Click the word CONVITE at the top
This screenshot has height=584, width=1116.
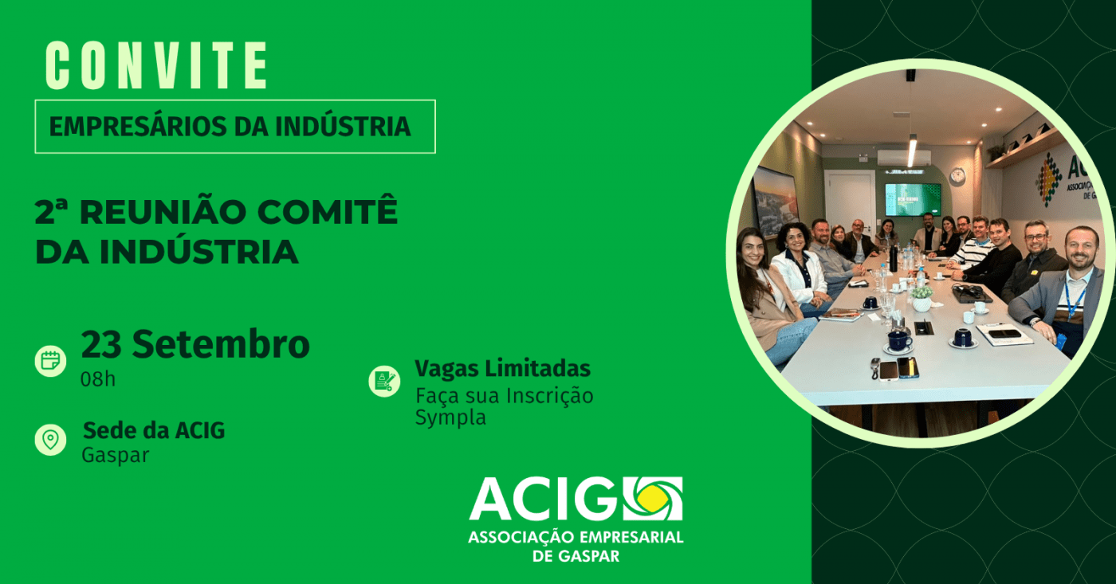tap(156, 65)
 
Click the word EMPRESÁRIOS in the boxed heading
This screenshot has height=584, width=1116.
tap(138, 127)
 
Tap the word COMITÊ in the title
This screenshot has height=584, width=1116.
tap(328, 212)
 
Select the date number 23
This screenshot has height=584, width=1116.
tap(101, 344)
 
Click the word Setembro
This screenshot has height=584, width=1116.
tap(222, 344)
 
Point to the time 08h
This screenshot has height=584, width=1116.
tap(98, 379)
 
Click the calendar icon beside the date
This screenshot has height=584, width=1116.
tap(50, 360)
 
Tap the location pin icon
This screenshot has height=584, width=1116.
tap(50, 440)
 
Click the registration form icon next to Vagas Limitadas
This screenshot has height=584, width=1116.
tap(384, 382)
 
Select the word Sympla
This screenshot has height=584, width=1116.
tap(450, 417)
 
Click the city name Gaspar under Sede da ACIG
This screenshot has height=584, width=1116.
tap(116, 456)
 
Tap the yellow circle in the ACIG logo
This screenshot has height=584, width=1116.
tap(653, 498)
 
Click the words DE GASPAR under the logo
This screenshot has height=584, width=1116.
tap(576, 556)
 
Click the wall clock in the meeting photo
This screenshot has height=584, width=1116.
tap(957, 175)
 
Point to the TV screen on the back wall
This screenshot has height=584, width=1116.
tap(913, 199)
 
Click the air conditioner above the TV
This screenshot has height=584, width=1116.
tap(903, 157)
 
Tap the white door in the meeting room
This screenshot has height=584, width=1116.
tap(849, 202)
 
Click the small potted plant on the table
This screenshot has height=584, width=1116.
tap(921, 298)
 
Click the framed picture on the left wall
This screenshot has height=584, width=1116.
tap(775, 202)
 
